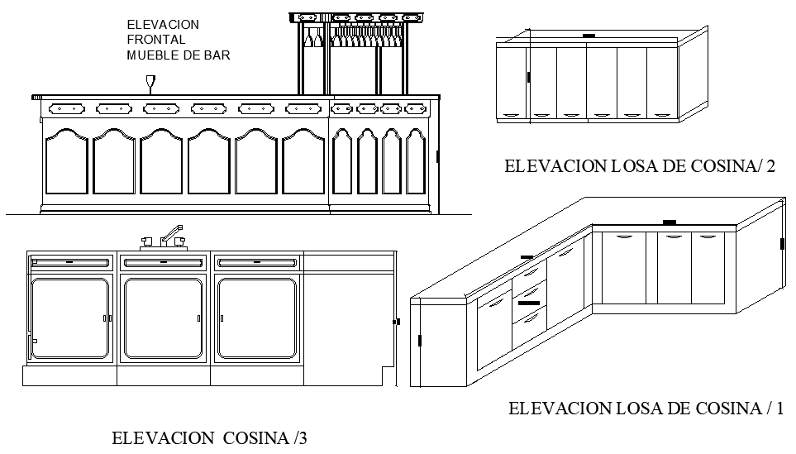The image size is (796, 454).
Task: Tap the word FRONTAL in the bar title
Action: tap(156, 40)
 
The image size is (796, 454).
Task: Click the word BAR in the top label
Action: tap(218, 55)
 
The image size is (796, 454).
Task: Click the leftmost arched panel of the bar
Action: tap(66, 163)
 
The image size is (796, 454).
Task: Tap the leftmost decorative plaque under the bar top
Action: tap(67, 108)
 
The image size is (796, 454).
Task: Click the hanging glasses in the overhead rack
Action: tap(364, 38)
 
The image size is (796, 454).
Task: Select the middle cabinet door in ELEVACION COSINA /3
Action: tap(164, 318)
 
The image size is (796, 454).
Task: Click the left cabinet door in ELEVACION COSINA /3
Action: tap(70, 318)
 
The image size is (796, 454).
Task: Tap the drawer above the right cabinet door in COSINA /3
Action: tap(256, 262)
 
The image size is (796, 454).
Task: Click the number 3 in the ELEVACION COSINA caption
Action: tap(303, 438)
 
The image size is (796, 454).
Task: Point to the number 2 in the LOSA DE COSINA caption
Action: tap(770, 167)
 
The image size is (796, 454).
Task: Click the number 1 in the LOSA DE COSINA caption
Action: tap(778, 408)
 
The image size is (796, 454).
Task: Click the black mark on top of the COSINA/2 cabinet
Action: tap(588, 36)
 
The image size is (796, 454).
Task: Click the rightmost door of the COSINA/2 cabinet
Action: tap(662, 82)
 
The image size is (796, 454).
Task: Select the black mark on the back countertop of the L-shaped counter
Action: tap(670, 222)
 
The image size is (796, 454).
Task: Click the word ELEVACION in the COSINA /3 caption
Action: tap(162, 438)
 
